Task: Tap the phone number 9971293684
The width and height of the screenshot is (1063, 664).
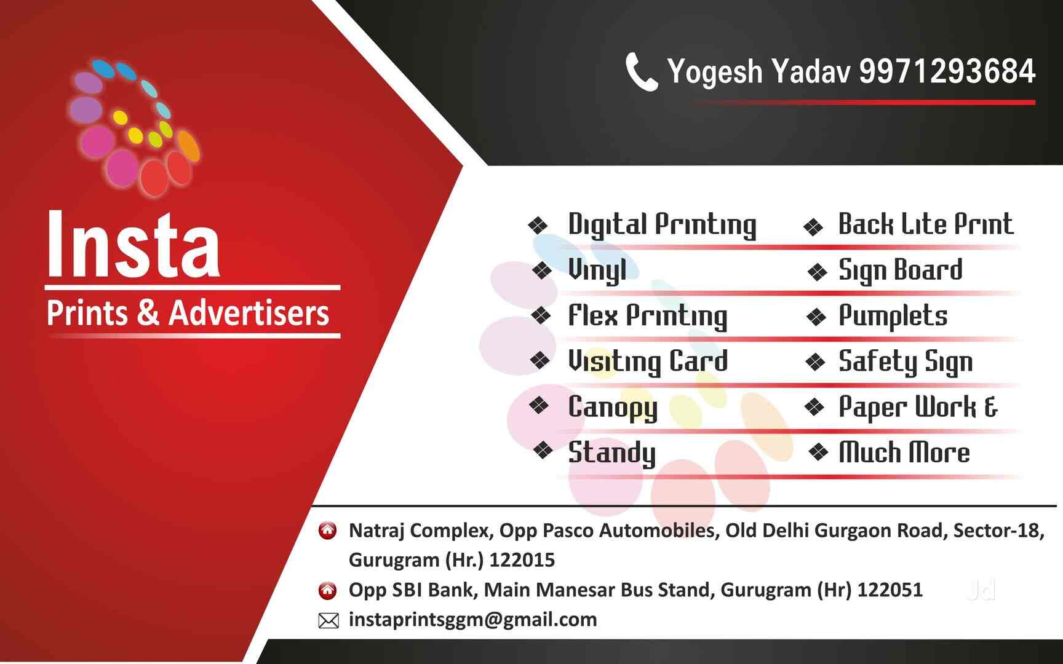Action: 947,71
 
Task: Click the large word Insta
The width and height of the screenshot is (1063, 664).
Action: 133,245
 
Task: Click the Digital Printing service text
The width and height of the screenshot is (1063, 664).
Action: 661,224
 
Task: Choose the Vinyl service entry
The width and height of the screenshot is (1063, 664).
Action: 597,270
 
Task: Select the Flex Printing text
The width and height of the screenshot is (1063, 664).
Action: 647,316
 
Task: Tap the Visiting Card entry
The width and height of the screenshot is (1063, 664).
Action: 647,362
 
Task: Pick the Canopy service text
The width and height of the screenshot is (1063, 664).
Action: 612,407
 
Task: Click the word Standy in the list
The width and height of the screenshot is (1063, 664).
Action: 611,453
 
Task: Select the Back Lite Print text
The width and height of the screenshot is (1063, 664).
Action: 925,224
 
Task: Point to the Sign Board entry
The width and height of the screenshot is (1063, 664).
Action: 900,271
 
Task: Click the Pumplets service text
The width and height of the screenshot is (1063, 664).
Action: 893,316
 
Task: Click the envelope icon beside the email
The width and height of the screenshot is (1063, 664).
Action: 328,621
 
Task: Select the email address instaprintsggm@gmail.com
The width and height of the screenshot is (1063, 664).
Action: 472,619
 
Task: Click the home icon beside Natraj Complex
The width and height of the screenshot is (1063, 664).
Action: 328,530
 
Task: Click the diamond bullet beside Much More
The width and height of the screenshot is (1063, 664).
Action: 818,453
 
